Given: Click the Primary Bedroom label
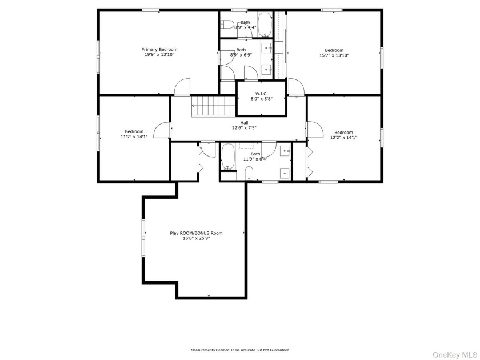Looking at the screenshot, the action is click(159, 49).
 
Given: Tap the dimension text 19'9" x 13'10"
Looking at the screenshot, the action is click(159, 54).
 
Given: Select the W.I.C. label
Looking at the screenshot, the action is click(262, 94).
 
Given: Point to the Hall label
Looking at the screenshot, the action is click(244, 123).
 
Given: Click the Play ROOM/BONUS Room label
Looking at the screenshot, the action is click(196, 233).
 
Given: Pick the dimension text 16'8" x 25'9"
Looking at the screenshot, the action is click(196, 238).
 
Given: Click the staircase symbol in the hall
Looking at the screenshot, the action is click(214, 106).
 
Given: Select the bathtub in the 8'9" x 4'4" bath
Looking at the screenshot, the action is click(265, 25).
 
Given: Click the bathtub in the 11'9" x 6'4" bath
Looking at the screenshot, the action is click(228, 157).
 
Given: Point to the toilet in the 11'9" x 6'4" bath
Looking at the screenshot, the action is click(249, 173).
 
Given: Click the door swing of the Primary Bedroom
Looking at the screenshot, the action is click(182, 87).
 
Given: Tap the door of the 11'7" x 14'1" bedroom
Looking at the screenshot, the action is click(162, 130).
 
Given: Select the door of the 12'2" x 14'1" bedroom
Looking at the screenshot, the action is click(315, 130).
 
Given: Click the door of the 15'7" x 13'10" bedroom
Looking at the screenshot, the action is click(296, 87).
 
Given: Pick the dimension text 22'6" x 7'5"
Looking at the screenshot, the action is click(244, 128).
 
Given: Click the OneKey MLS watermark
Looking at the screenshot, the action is click(455, 354).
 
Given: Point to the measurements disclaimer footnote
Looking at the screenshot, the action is click(240, 350).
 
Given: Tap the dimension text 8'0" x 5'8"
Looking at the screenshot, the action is click(262, 98).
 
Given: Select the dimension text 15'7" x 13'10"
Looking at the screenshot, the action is click(334, 55).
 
